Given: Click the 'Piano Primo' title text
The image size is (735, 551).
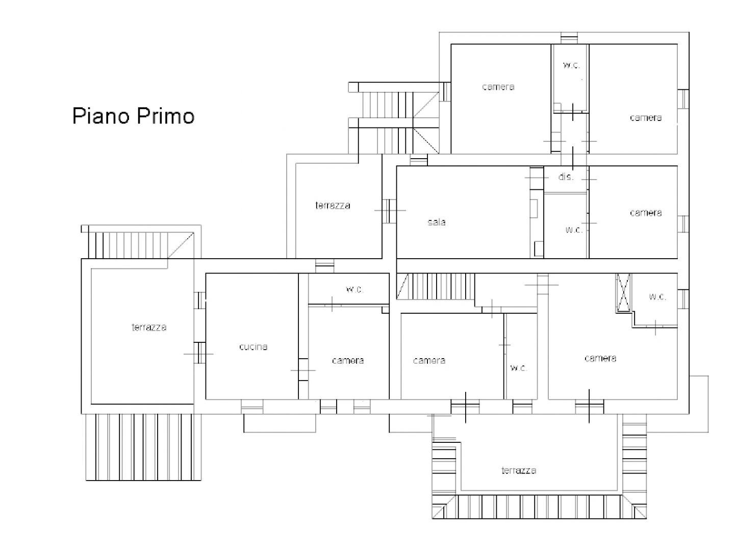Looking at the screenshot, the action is pos(133,116).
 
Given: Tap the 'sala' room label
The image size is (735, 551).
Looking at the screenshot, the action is pos(436,222).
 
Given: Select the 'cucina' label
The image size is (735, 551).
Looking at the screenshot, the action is pos(253,347).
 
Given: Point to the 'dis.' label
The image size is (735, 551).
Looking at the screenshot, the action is pos(566,177).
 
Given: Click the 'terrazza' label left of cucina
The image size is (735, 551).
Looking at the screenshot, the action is pos(148,327).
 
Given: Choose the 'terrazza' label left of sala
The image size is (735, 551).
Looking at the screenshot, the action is pos(333,205).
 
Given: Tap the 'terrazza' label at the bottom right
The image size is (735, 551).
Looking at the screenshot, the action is pos(518,470).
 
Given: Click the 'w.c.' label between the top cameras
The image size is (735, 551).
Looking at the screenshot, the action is pos(571,65).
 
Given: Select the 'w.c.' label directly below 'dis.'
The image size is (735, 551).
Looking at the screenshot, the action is pos(574,230).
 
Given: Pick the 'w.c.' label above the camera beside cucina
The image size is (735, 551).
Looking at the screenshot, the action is pos(354,289).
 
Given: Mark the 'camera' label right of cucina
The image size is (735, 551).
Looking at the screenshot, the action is pos(347,360).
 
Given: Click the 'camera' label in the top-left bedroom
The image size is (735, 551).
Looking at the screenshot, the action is pos(498,87).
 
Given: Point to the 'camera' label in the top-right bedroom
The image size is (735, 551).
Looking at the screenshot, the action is pos(645,118).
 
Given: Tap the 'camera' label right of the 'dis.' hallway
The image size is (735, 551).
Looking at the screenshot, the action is pos(645,213).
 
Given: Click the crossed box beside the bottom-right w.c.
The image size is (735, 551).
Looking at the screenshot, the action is pos(623,293).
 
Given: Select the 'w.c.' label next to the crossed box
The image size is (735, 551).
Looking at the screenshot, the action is pos(657,296).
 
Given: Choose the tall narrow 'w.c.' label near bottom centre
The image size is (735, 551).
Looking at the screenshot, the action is pos(518,368).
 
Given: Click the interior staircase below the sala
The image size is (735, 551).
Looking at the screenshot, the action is pos(436,286).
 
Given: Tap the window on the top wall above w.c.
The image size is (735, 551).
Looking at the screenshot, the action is pos(569,38).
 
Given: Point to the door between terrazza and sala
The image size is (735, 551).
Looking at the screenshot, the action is pos(389,211).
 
